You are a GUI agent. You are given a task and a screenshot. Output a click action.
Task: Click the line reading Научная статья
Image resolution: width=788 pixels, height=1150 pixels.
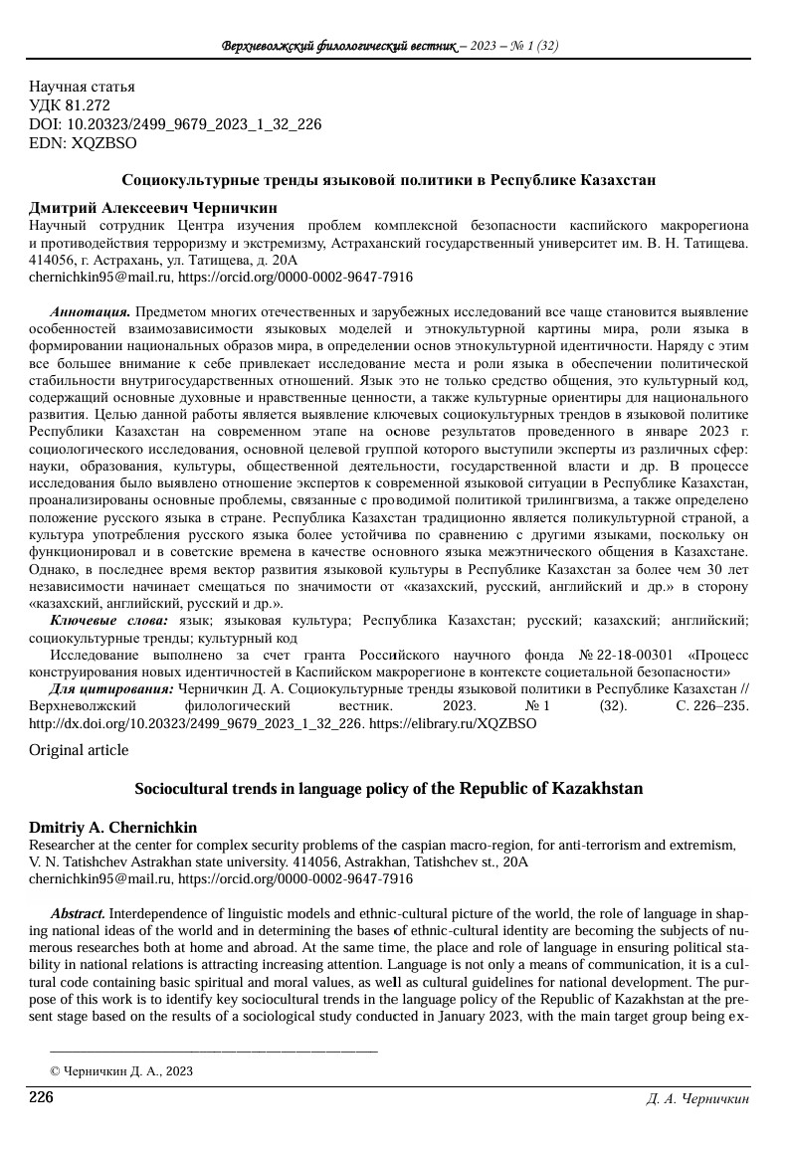point(82,87)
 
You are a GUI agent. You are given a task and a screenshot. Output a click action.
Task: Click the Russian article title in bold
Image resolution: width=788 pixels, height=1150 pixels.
point(388,180)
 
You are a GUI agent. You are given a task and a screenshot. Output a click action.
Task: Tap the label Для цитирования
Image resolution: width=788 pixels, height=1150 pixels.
point(111,688)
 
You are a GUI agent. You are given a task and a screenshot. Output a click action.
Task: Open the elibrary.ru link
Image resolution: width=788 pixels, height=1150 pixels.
point(453,723)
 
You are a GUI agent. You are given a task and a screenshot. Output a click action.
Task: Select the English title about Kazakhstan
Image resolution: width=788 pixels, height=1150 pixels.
point(388,789)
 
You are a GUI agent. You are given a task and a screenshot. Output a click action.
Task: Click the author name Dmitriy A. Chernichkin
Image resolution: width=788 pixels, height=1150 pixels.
point(112,828)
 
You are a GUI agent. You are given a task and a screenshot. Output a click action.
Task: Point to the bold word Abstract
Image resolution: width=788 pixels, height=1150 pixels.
point(79,913)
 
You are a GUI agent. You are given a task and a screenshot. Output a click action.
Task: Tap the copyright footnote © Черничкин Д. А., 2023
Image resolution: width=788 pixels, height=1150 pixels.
point(121,1071)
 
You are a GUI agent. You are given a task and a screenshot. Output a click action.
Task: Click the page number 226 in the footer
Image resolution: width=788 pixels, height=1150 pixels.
point(41,1097)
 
